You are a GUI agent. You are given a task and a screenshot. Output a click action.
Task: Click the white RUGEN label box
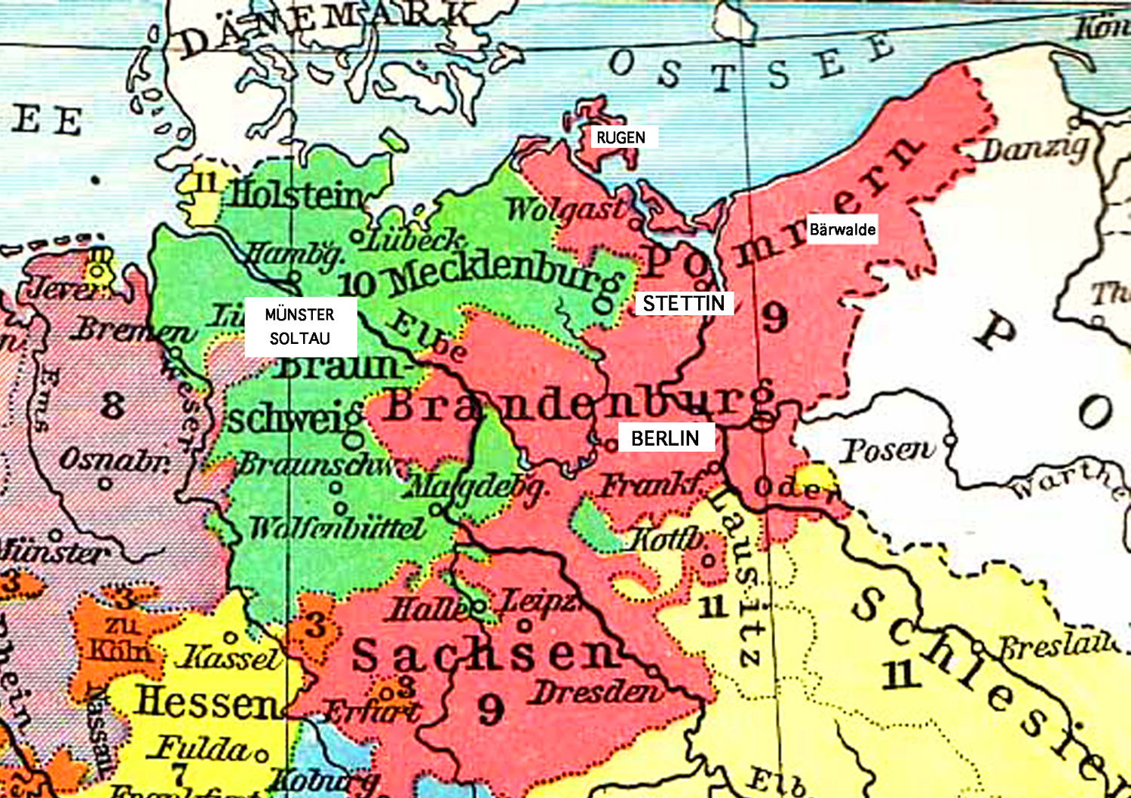(x=621, y=137)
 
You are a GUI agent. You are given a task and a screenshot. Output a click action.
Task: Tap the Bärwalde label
(x=842, y=229)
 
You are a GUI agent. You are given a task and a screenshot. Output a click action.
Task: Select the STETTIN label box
(x=683, y=303)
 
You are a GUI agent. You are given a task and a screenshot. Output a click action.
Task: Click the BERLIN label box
(x=665, y=438)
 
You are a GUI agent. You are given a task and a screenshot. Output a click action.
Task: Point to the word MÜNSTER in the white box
(x=299, y=315)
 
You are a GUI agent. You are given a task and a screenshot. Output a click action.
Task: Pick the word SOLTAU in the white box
(x=299, y=339)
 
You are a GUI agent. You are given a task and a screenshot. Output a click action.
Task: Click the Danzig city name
(x=1034, y=149)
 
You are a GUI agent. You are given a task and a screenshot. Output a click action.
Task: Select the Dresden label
(x=596, y=692)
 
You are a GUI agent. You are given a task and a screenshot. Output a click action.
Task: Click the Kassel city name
(x=228, y=658)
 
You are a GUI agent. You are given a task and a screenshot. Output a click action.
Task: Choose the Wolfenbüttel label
(x=337, y=528)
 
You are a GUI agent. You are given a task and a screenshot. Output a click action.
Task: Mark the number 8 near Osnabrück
(x=112, y=405)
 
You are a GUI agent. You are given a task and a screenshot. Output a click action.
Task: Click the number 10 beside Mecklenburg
(x=356, y=284)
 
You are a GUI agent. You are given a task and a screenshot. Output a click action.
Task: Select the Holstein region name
(x=298, y=195)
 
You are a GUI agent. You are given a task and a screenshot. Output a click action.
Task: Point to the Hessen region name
(x=207, y=701)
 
